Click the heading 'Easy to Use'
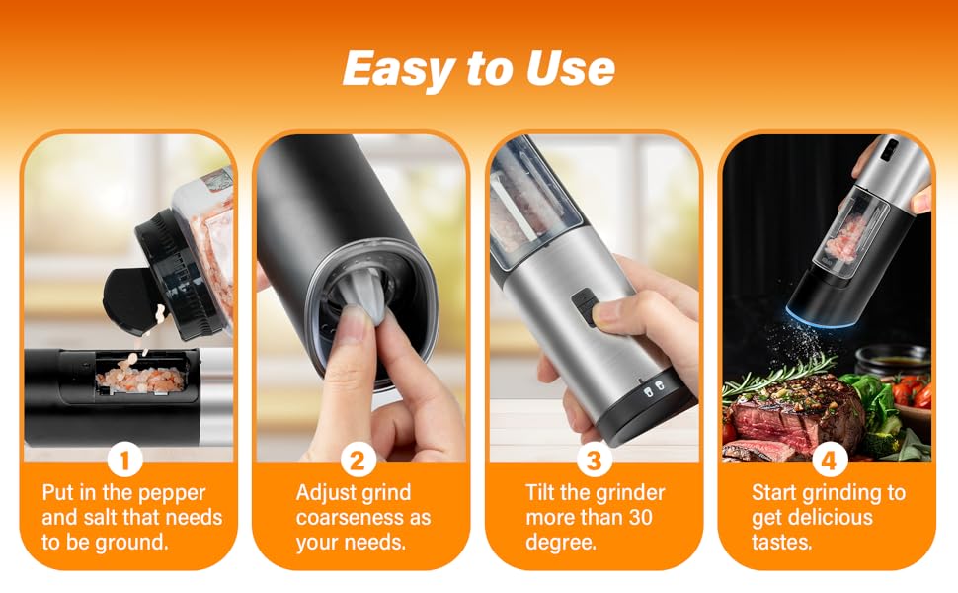point(478,69)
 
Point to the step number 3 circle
point(594,461)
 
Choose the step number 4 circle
point(828,461)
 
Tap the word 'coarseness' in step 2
point(350,517)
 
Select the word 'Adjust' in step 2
point(325,492)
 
